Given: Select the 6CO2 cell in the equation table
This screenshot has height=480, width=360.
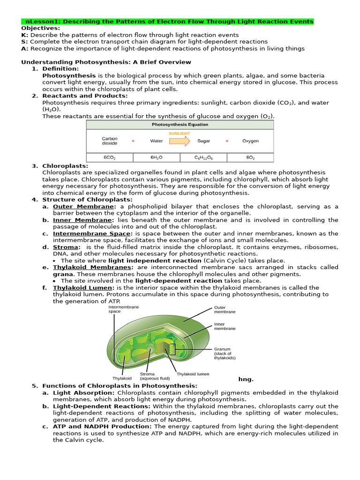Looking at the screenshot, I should tap(110, 158).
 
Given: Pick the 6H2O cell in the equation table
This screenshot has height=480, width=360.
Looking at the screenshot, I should tap(157, 158).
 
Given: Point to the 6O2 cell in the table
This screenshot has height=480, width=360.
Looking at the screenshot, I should tap(250, 158).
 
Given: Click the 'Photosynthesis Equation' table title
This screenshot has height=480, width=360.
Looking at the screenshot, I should tap(180, 125).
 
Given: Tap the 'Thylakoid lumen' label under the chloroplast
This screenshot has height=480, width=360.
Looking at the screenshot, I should tap(193, 374).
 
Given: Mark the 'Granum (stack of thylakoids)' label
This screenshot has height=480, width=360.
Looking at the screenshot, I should tap(225, 353).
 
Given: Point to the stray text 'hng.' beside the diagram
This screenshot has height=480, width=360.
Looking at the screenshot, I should tap(246, 379).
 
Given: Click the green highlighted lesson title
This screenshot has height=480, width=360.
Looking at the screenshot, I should tap(168, 22).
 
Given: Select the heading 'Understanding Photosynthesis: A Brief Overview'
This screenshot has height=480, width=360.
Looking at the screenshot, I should tap(106, 62).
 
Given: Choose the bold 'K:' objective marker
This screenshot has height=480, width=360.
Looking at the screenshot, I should tap(25, 35).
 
